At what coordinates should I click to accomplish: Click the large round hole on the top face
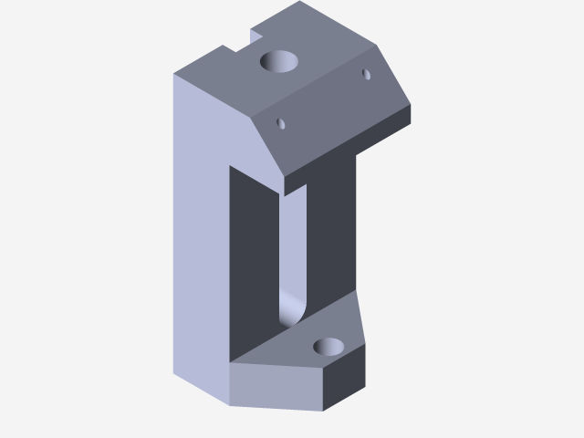280,62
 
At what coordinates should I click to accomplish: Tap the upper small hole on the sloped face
367,74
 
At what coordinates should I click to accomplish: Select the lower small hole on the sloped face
281,122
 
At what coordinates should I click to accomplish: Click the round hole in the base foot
328,347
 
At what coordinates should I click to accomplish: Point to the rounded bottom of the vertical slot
291,310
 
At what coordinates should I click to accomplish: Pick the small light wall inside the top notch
256,36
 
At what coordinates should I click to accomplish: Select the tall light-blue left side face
201,237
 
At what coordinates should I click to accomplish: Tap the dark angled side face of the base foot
347,379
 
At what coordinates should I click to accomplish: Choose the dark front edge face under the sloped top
347,151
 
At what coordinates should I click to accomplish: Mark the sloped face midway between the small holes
324,99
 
